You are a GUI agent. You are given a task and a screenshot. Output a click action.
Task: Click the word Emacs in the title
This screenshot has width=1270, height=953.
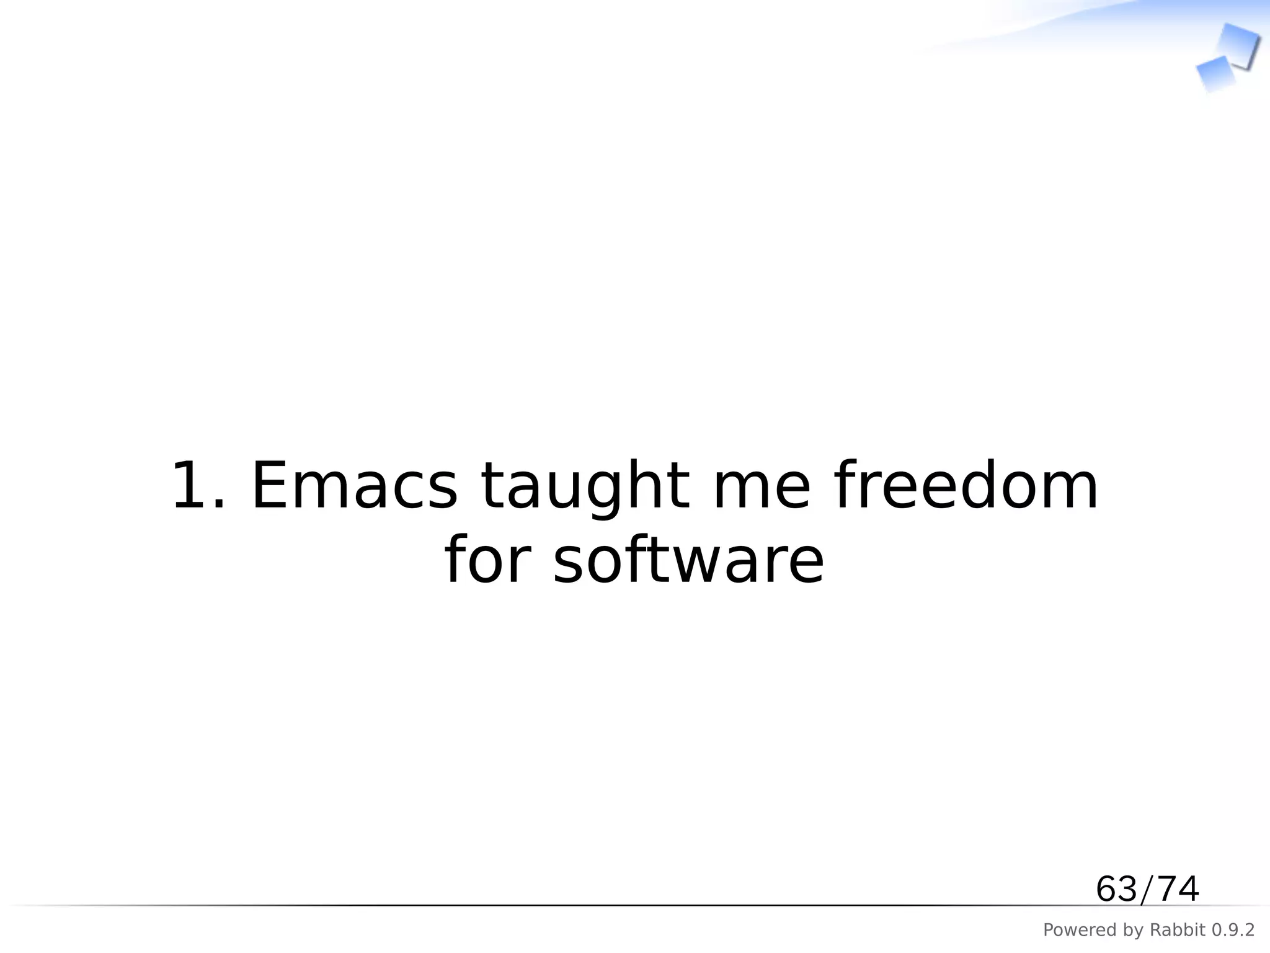354,487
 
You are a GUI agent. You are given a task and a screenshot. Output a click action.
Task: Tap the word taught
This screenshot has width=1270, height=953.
585,487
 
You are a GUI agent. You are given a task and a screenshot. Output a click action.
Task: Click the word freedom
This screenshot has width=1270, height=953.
966,487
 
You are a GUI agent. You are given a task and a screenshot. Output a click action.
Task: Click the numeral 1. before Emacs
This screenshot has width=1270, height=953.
197,487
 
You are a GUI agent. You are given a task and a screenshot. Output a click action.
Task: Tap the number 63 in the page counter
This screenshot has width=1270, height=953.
1116,889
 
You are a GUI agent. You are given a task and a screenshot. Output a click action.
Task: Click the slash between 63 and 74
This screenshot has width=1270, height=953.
1147,889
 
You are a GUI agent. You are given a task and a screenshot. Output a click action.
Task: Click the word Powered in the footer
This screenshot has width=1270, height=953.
1071,930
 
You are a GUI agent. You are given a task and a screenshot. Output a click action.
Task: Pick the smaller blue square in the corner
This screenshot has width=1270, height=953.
1215,74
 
